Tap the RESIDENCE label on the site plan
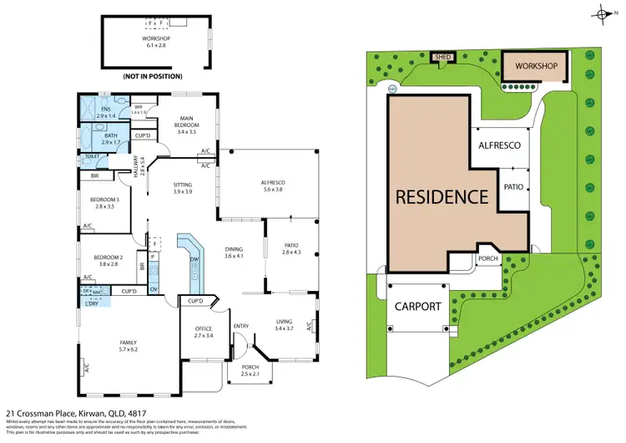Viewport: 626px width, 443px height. pyautogui.click(x=442, y=197)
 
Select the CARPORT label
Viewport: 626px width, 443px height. pyautogui.click(x=418, y=306)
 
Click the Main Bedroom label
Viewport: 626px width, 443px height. pyautogui.click(x=186, y=127)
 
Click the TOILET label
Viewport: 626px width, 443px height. pyautogui.click(x=92, y=156)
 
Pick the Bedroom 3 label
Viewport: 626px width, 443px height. pyautogui.click(x=106, y=201)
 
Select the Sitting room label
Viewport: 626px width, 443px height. pyautogui.click(x=182, y=188)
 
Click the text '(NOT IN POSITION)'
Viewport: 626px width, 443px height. pyautogui.click(x=148, y=76)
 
